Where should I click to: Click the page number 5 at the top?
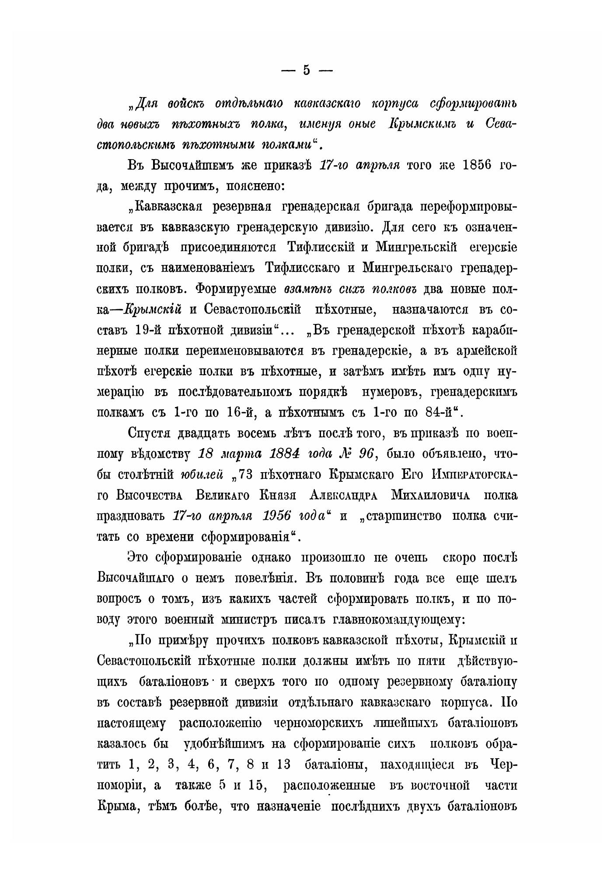307,70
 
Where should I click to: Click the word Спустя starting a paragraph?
150,433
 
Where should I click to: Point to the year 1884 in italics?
283,454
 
